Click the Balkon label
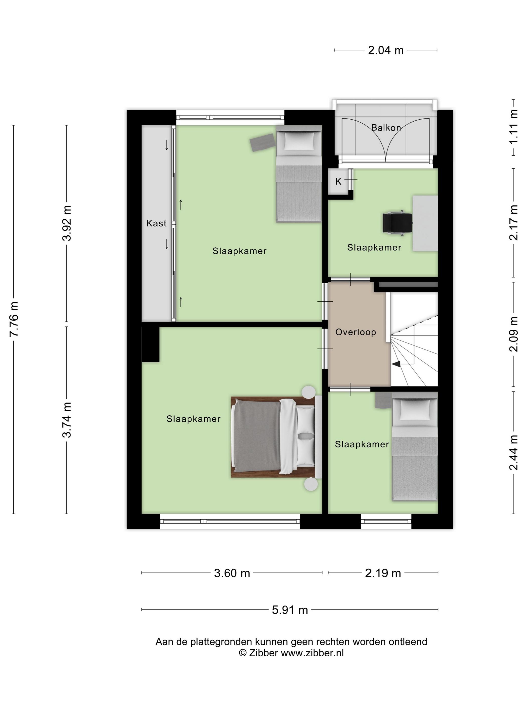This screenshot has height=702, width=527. (386, 128)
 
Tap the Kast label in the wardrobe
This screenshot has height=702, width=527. (156, 223)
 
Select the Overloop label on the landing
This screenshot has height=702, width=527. (355, 332)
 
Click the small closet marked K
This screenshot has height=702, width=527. (338, 182)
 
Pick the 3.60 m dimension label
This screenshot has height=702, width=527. (232, 573)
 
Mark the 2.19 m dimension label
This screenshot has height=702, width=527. (383, 573)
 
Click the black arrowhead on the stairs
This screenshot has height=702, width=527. (396, 365)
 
